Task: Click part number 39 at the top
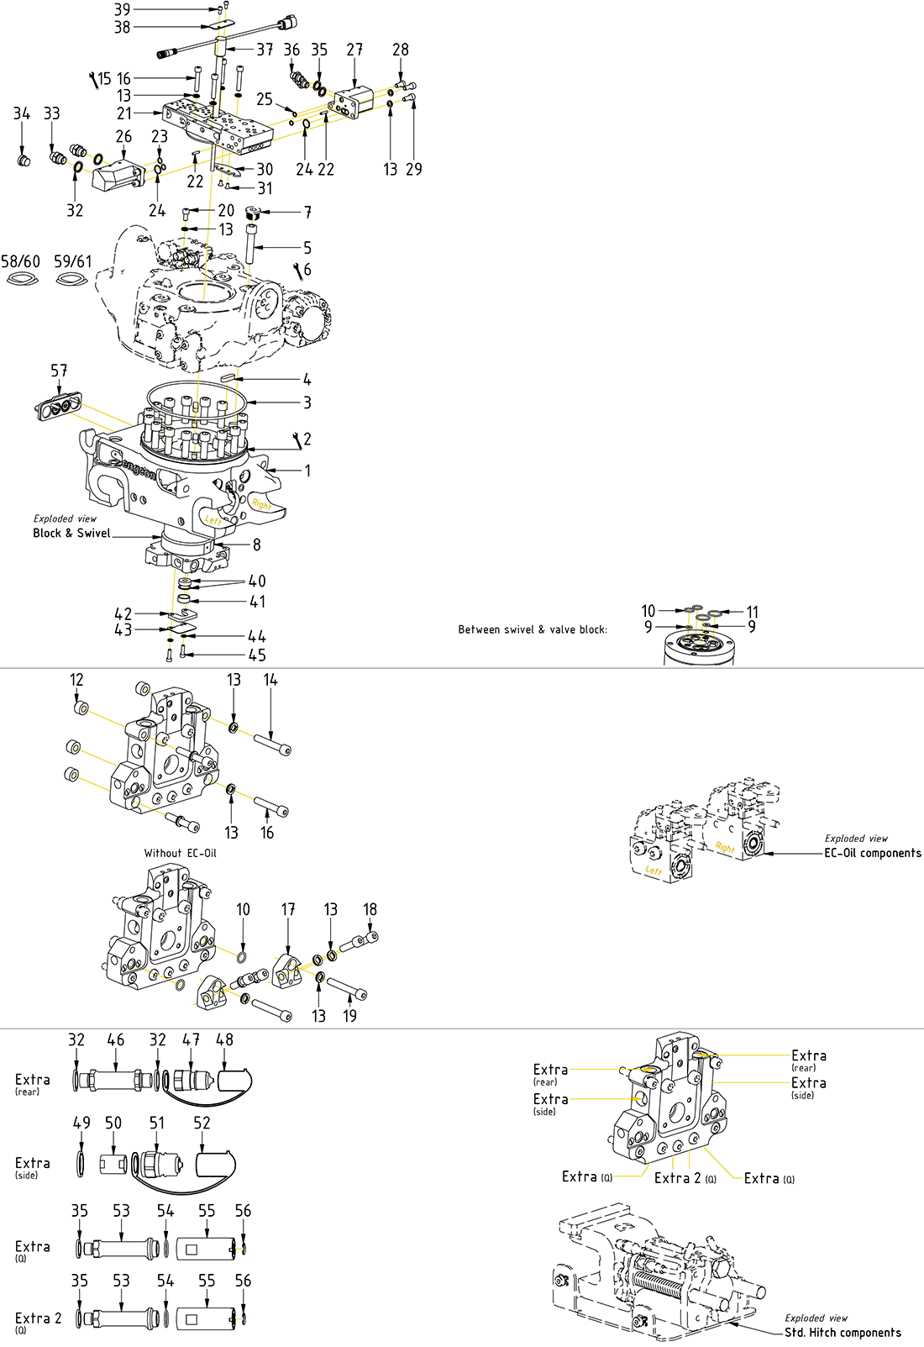coord(123,9)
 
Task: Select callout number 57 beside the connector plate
coord(59,371)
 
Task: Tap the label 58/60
coord(20,261)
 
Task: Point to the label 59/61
coord(73,261)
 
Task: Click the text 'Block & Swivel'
coord(71,533)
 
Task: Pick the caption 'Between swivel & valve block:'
coord(533,629)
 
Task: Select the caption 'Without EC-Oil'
coord(180,853)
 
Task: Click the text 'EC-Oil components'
coord(872,853)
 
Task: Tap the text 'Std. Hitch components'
coord(843,1333)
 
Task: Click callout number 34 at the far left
coord(22,113)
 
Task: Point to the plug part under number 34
coord(24,159)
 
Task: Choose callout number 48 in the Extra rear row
coord(224,1039)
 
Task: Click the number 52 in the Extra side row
coord(202,1123)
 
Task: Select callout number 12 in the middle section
coord(76,680)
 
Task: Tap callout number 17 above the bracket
coord(288,909)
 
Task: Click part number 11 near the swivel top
coord(753,612)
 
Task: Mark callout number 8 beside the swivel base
coord(257,545)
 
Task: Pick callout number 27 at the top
coord(354,50)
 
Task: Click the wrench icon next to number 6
coord(298,270)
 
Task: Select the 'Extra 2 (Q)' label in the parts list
coord(38,1318)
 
